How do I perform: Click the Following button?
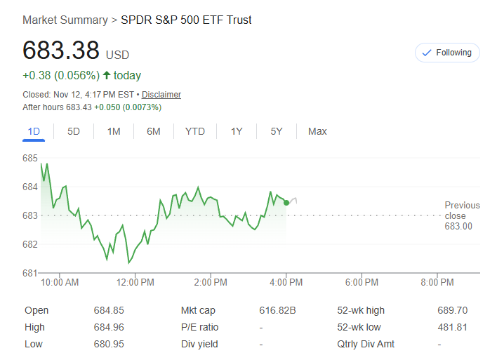(x=447, y=53)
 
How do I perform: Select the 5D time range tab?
(x=74, y=131)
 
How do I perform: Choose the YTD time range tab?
(x=194, y=131)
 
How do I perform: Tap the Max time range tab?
(x=317, y=131)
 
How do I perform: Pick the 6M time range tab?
(x=154, y=131)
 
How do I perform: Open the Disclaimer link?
(x=161, y=94)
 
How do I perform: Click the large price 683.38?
(x=61, y=51)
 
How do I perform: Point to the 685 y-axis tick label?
(x=30, y=159)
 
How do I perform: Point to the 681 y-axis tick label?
(x=30, y=273)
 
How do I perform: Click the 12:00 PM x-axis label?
(x=135, y=282)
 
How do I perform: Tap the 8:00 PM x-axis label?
(x=437, y=282)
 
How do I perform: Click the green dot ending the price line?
(x=286, y=203)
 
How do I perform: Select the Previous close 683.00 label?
(x=462, y=215)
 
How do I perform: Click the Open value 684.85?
(x=109, y=310)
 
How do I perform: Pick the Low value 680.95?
(x=109, y=344)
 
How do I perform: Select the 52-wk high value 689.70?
(x=452, y=310)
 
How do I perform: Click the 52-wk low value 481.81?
(x=452, y=327)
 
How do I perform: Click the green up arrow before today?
(x=107, y=75)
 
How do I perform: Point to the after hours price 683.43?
(x=79, y=107)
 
